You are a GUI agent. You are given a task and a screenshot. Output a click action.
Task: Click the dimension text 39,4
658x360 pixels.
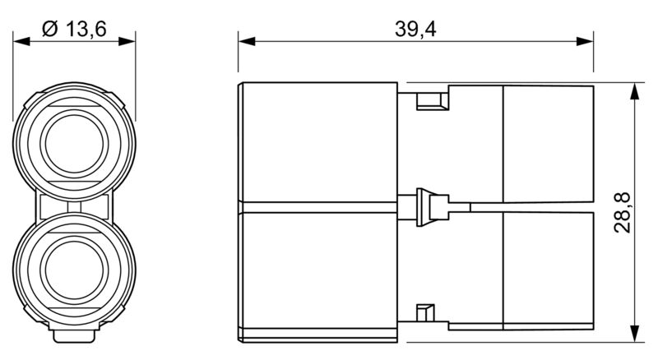415,29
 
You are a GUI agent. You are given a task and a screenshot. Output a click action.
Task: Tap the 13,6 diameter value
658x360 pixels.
86,30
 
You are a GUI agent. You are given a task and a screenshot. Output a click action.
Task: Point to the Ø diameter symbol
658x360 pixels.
48,30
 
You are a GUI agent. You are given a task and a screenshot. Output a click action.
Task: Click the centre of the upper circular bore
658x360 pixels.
74,138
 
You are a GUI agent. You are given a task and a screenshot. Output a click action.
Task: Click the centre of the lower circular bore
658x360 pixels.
74,271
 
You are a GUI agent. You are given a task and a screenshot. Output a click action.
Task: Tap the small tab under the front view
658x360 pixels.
74,337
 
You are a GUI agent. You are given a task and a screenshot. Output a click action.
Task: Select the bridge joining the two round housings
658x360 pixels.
74,205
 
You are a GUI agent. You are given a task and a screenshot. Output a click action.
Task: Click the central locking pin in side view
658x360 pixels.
427,206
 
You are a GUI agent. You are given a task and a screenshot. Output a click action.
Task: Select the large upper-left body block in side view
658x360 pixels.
317,141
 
